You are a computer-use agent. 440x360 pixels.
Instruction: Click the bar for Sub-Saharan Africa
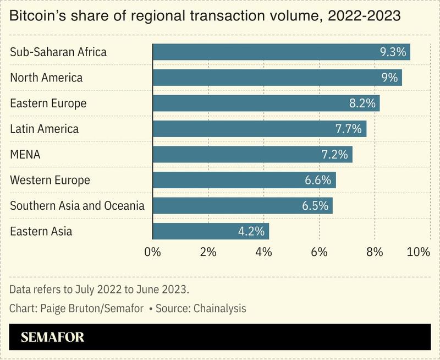(x=280, y=52)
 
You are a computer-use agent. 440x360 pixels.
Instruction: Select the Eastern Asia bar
(x=210, y=231)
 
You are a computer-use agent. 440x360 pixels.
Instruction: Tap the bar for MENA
(x=252, y=155)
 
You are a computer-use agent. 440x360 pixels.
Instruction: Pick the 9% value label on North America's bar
(x=389, y=78)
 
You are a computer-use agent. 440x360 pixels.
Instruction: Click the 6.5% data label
(x=315, y=206)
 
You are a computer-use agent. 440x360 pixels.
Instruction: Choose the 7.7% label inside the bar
(x=349, y=129)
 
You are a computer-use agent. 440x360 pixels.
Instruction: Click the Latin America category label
(x=45, y=129)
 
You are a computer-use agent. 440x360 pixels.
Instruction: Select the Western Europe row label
(x=50, y=180)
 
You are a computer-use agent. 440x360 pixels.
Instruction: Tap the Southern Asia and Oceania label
(x=77, y=206)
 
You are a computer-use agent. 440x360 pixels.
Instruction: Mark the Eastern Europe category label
(x=48, y=103)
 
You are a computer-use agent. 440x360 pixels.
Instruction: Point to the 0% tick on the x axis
(x=152, y=252)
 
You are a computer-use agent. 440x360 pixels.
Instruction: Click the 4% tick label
(x=263, y=252)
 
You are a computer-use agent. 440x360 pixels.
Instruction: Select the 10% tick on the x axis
(x=419, y=252)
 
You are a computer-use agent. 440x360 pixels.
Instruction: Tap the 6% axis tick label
(x=319, y=252)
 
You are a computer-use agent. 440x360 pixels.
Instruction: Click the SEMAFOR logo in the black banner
(x=53, y=337)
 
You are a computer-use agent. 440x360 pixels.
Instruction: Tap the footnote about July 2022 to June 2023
(x=99, y=290)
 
